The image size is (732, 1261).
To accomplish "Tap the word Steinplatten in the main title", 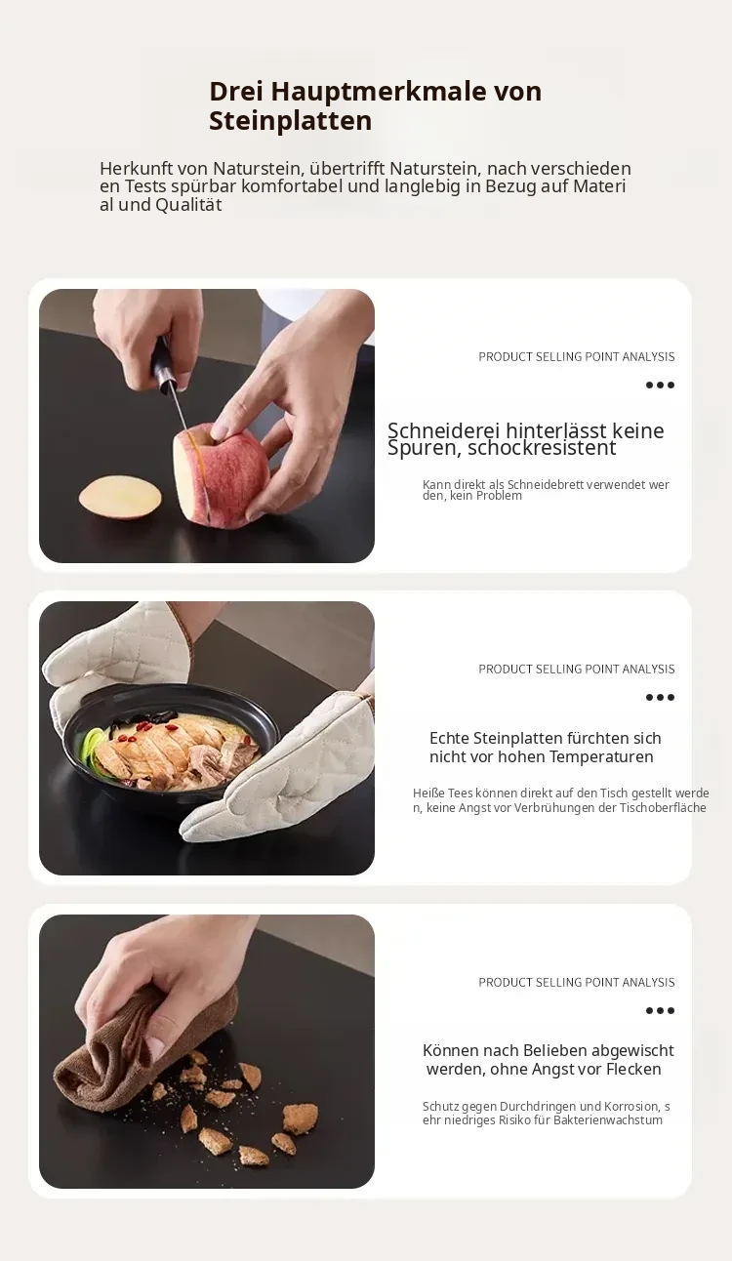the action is [291, 121].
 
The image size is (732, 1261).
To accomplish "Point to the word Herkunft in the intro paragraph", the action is [136, 168].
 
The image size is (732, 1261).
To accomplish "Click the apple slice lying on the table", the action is [120, 498].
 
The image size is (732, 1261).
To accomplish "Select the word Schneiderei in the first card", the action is [444, 430].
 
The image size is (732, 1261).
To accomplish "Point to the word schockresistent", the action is [542, 448].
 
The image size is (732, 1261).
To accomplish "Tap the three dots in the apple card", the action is [660, 386].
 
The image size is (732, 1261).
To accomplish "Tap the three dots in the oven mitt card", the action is [660, 698].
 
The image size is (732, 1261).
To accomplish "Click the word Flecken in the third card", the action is [633, 1069].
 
